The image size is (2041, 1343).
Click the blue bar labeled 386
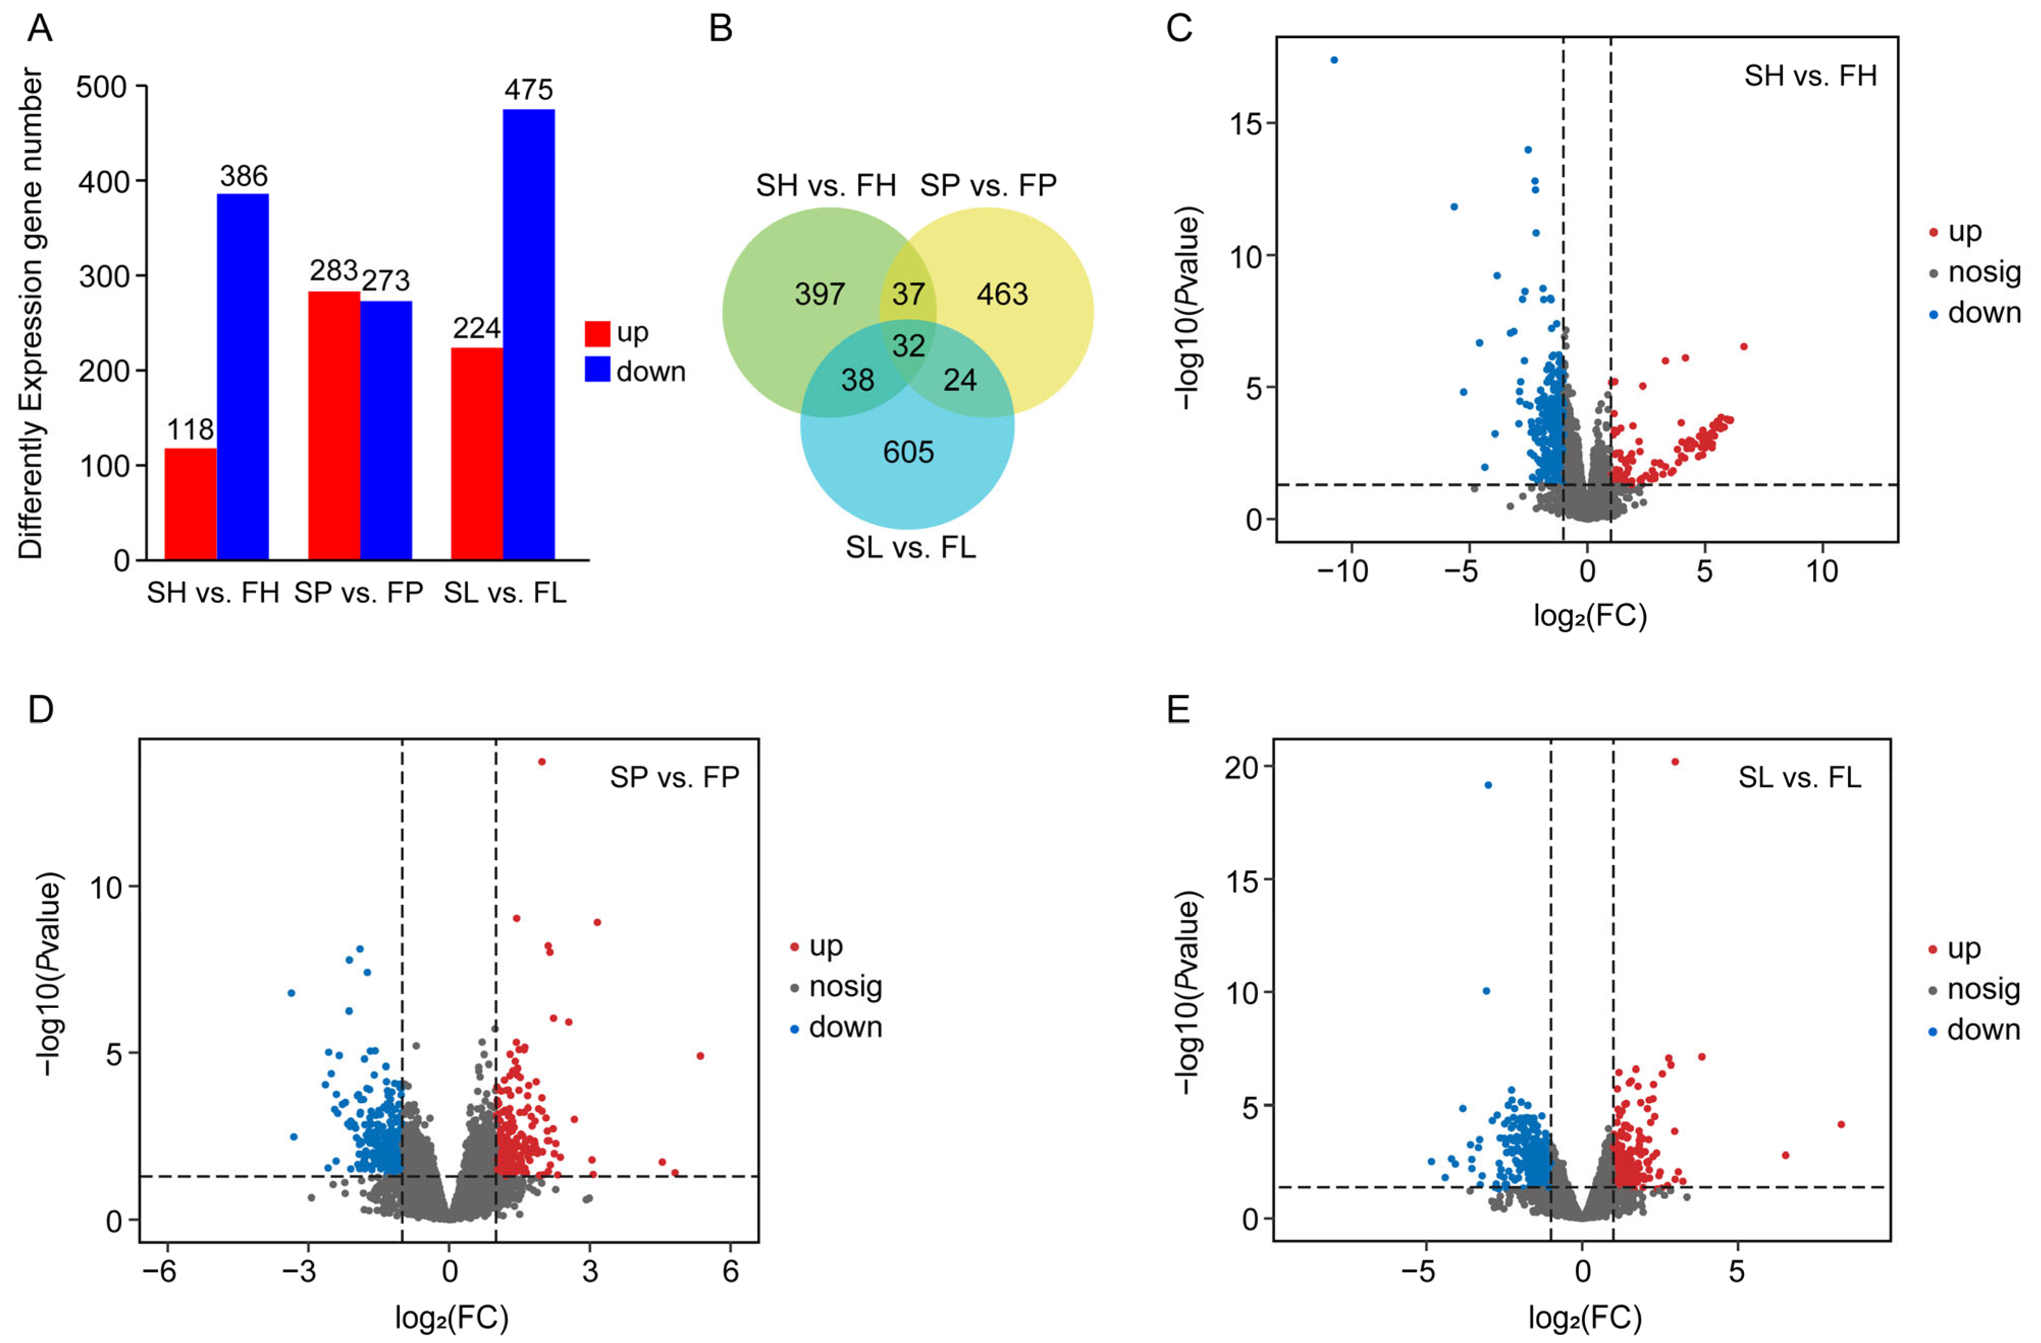coord(243,378)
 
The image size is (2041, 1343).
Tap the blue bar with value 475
coord(528,334)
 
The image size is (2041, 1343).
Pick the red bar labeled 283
coord(334,426)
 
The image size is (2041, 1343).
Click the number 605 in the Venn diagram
coord(908,452)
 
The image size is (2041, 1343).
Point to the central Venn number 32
coord(908,345)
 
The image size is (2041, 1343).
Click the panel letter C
coord(1179,29)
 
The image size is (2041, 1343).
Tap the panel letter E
coord(1178,710)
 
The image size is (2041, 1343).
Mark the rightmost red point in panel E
coord(1840,1124)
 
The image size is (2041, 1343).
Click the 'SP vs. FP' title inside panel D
coord(674,777)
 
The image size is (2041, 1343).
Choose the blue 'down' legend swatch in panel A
coord(597,370)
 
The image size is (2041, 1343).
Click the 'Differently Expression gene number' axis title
coord(31,314)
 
